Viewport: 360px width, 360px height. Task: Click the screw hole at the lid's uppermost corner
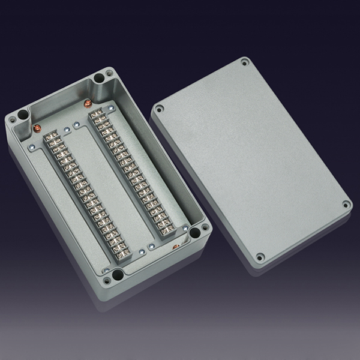click(x=244, y=62)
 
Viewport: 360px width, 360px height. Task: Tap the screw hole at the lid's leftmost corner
click(x=160, y=110)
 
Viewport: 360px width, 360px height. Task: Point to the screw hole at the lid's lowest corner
click(x=260, y=257)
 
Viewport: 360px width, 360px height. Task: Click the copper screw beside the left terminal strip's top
click(x=36, y=128)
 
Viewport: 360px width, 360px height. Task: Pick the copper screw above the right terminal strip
click(x=89, y=103)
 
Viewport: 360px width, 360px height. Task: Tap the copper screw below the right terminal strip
click(x=176, y=247)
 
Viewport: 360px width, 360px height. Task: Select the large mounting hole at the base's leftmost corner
click(x=23, y=114)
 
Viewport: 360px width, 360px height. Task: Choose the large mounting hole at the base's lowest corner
click(x=118, y=275)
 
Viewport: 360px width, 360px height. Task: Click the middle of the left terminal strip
click(x=83, y=192)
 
